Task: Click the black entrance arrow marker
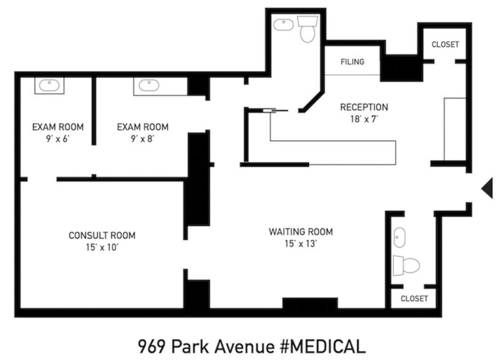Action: (488, 188)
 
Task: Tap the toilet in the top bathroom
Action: (307, 29)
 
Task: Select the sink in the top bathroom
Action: (283, 25)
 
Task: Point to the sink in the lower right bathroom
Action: (399, 236)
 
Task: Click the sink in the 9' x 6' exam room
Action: (47, 85)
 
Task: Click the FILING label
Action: (353, 62)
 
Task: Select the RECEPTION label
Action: (364, 107)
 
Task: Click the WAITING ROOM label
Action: (301, 231)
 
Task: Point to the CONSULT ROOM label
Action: (102, 235)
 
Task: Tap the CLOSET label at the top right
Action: (445, 45)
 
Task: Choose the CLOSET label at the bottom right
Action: (414, 299)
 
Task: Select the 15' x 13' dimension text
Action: (301, 243)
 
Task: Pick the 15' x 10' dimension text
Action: (102, 247)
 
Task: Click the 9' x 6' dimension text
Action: (58, 138)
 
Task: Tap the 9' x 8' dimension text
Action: (143, 138)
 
